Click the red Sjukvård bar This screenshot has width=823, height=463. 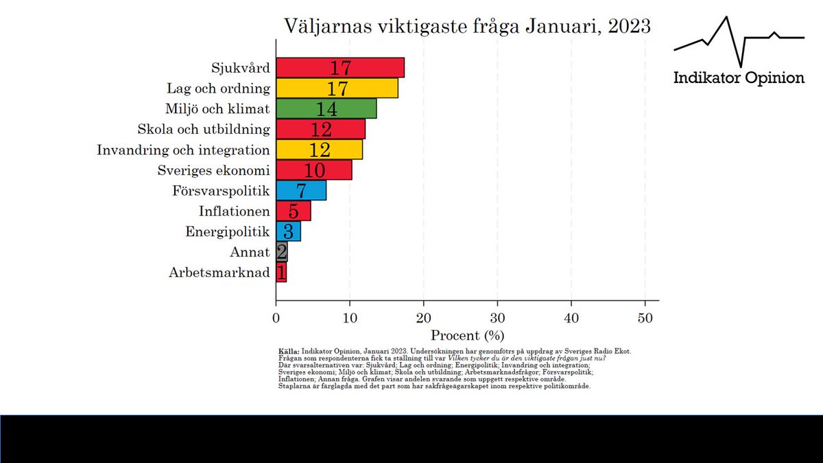pyautogui.click(x=339, y=68)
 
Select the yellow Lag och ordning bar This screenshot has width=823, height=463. pyautogui.click(x=336, y=88)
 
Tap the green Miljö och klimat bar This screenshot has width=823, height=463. pyautogui.click(x=326, y=108)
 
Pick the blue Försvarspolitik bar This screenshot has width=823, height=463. pyautogui.click(x=300, y=191)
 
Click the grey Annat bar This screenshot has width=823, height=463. pyautogui.click(x=281, y=252)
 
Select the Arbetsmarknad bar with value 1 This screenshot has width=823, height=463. pyautogui.click(x=281, y=273)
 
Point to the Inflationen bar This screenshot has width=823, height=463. pyautogui.click(x=293, y=211)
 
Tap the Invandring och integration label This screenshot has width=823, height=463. pyautogui.click(x=183, y=150)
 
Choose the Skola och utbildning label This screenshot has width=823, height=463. pyautogui.click(x=204, y=129)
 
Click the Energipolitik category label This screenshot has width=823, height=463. pyautogui.click(x=228, y=232)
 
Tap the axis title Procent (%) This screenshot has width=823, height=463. pyautogui.click(x=467, y=335)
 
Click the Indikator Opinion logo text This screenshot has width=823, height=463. pyautogui.click(x=739, y=78)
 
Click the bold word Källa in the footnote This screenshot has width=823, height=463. pyautogui.click(x=289, y=351)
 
